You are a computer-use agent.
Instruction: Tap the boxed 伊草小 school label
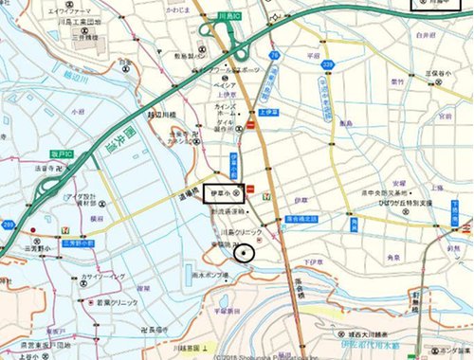(224, 194)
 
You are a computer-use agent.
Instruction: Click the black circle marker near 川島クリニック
(246, 252)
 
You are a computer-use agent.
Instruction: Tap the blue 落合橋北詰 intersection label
(301, 218)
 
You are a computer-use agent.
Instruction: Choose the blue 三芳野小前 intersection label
(78, 243)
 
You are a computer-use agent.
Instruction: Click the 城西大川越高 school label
(378, 336)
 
